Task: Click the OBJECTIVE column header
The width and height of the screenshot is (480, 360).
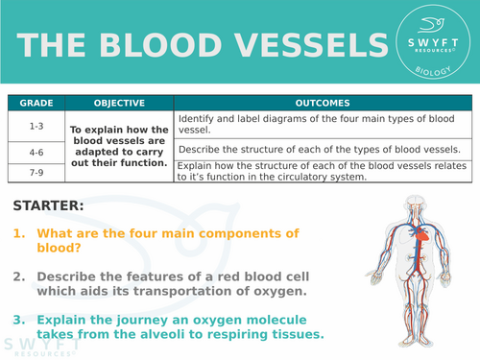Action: point(119,103)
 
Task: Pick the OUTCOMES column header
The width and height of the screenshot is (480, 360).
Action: point(324,103)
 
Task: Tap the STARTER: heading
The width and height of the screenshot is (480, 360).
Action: point(49,205)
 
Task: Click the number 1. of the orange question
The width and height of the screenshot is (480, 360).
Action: point(19,233)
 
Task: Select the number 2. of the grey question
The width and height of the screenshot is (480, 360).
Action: point(19,276)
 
